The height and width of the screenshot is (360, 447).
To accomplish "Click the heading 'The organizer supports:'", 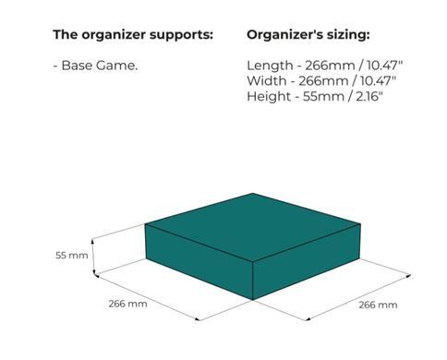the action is pyautogui.click(x=133, y=35).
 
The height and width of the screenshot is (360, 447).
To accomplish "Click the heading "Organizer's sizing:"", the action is pyautogui.click(x=308, y=35).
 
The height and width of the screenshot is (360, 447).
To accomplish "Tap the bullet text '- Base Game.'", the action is pyautogui.click(x=95, y=66).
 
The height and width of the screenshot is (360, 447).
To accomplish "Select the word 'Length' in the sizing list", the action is pyautogui.click(x=270, y=66).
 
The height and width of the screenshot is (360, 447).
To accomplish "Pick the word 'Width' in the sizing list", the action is pyautogui.click(x=267, y=81).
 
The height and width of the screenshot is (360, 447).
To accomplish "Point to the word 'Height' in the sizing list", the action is pyautogui.click(x=269, y=97).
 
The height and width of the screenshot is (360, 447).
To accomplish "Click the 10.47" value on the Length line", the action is pyautogui.click(x=384, y=66).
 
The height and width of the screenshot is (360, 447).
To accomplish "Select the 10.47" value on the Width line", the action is pyautogui.click(x=378, y=81).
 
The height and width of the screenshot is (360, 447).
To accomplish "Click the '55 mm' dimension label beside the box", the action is pyautogui.click(x=72, y=256).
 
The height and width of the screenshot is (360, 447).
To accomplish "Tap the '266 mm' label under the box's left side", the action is pyautogui.click(x=127, y=304).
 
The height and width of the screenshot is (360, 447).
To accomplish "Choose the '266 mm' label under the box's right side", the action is pyautogui.click(x=378, y=305).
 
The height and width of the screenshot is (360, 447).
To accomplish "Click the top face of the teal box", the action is pyautogui.click(x=253, y=227).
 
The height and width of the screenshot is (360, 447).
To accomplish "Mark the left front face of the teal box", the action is pyautogui.click(x=199, y=261).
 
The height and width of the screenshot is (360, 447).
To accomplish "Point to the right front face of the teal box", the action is pyautogui.click(x=307, y=261).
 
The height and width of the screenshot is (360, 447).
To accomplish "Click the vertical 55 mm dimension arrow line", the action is pyautogui.click(x=93, y=257).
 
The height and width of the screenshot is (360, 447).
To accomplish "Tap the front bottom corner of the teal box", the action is pyautogui.click(x=253, y=300).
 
